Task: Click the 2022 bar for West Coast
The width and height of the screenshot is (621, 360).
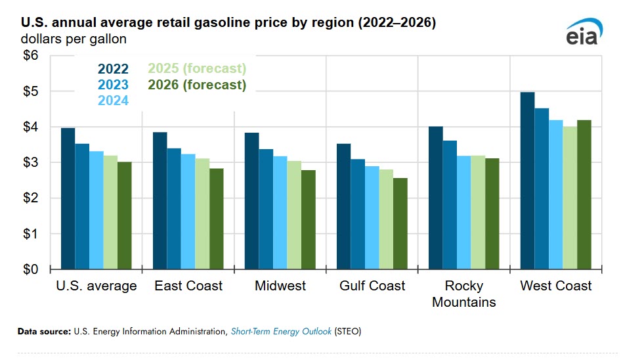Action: (x=527, y=181)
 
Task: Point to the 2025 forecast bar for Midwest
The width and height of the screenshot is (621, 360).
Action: (x=294, y=215)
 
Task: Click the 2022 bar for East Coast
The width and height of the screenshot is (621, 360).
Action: (x=160, y=200)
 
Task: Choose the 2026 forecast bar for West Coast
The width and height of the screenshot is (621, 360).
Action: (x=584, y=194)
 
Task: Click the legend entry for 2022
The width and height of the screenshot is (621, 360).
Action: (x=113, y=68)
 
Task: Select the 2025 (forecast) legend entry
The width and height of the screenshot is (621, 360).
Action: (x=197, y=68)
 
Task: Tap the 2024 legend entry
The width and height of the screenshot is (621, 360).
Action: (x=113, y=101)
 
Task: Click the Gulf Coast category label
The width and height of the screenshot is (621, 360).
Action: (x=372, y=286)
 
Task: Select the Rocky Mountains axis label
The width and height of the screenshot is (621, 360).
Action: (x=464, y=294)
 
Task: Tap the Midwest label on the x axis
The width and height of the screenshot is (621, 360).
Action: (x=280, y=286)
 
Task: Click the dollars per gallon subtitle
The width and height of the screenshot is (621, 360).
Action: (x=74, y=39)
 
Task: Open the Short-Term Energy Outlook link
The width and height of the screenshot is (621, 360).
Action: (x=281, y=332)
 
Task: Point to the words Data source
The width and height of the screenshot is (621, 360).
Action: (x=44, y=332)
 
